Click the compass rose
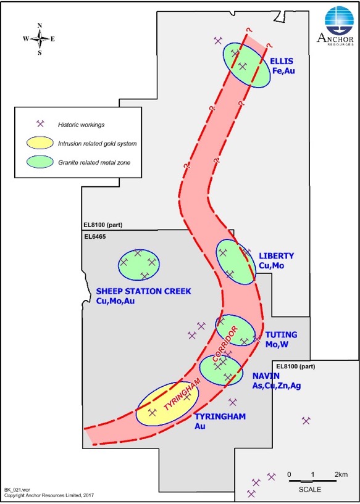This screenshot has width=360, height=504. pos(40,39)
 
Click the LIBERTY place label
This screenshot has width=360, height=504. pos(277,256)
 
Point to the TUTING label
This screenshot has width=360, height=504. pos(281,335)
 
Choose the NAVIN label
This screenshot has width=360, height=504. pos(266,376)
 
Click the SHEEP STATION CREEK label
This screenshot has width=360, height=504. pos(144,292)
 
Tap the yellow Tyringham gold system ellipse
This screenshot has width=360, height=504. pos(167,403)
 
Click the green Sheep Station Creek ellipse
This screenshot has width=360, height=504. pos(139,265)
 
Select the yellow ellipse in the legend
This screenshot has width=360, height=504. pos(40,143)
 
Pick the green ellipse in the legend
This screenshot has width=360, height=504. pos(40,162)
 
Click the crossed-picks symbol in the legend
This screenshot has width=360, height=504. pos(40,124)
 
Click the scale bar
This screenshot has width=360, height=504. pos(312,481)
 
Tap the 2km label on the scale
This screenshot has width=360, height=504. pos(341,474)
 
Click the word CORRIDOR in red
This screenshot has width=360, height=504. pos(225,342)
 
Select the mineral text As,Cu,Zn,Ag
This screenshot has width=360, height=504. pos(277,386)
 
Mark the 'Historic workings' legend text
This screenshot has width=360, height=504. pos(81,125)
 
